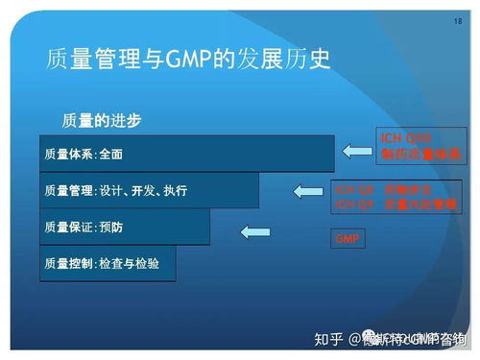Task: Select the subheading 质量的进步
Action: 101,120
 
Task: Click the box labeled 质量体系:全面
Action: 187,154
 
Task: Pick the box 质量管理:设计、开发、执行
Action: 149,190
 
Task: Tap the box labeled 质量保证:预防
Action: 125,227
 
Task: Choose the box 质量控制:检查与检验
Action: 108,262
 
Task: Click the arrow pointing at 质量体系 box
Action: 358,147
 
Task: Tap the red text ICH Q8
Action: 348,188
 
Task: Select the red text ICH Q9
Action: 348,203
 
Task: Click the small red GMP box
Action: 347,237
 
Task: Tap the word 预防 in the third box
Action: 111,227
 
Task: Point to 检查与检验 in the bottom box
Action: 131,262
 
